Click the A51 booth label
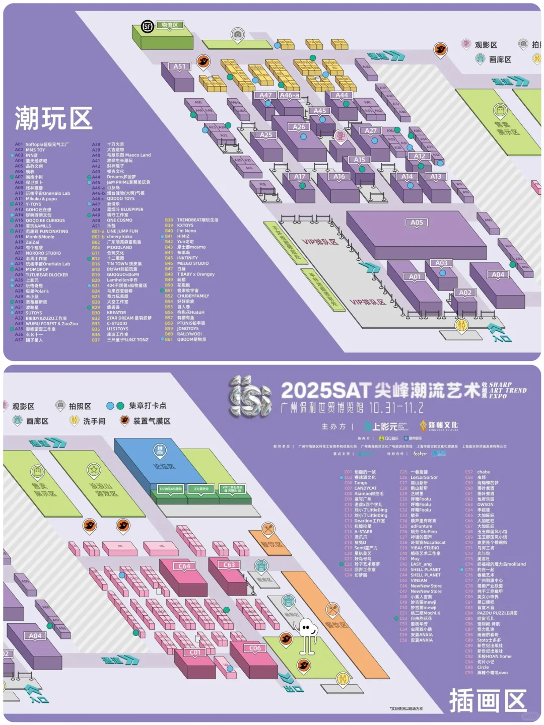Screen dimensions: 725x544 [x=179, y=66]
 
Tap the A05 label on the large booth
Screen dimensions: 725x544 [x=417, y=223]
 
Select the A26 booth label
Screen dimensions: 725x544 [x=299, y=127]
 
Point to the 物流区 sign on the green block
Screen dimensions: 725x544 [x=170, y=25]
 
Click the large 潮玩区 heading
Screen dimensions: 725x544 [x=53, y=119]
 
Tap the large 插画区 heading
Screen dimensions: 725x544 [x=488, y=700]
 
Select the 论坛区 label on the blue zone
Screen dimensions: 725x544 [x=164, y=466]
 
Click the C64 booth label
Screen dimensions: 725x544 [x=184, y=566]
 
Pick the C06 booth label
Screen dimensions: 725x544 [x=255, y=648]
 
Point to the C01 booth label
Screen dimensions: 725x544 [x=195, y=652]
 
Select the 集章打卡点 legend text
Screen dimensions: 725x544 [x=148, y=406]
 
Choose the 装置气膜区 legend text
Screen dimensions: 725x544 [x=152, y=421]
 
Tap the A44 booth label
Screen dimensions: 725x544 [x=342, y=95]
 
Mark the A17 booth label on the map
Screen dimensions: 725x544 [x=300, y=177]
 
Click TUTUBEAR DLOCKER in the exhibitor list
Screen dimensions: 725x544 [x=47, y=275]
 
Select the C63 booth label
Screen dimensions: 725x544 [x=229, y=565]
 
